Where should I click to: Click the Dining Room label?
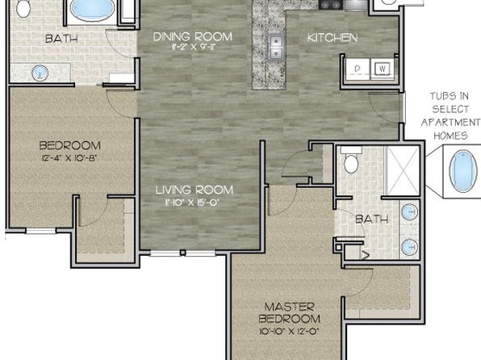point(193,37)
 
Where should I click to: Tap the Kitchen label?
point(333,38)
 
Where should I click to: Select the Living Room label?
point(194,190)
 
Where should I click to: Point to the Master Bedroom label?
point(289,312)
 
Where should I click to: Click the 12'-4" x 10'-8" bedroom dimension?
point(70,158)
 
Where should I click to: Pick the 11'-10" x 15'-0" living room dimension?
point(193,203)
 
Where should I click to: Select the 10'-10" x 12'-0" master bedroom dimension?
point(290,331)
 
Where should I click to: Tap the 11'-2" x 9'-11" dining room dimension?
point(193,48)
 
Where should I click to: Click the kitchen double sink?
point(276,47)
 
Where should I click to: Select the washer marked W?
point(383,69)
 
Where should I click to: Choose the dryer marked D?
point(358,69)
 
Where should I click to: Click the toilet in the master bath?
point(351,160)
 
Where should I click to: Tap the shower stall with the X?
point(403,170)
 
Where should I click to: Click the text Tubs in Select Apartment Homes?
point(450,116)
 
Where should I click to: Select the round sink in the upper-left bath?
point(40,73)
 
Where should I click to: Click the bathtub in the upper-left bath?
point(90,10)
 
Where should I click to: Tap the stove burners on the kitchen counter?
point(331,4)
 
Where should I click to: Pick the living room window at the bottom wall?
point(183,253)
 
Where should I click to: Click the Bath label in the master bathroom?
point(372,219)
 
